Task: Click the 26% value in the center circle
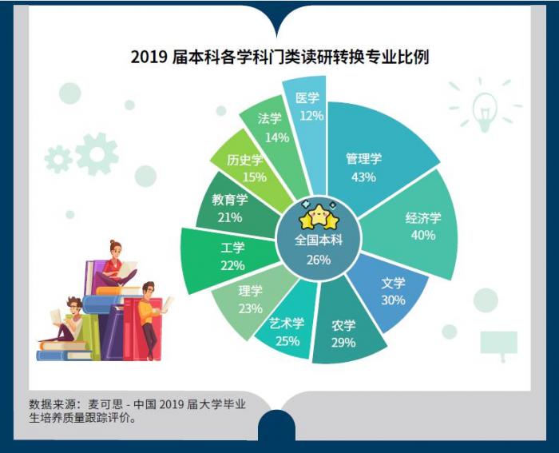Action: coord(319,260)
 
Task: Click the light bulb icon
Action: coord(485,109)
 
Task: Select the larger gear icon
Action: coord(97,154)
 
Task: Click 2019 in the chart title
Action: coord(149,57)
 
